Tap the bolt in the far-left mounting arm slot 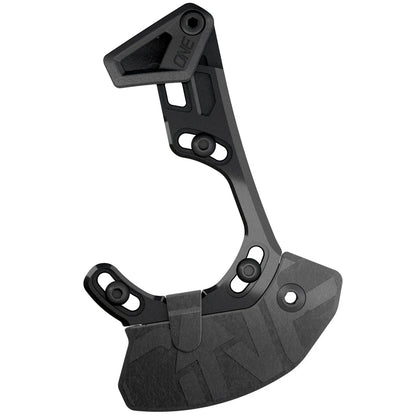click(x=118, y=292)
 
